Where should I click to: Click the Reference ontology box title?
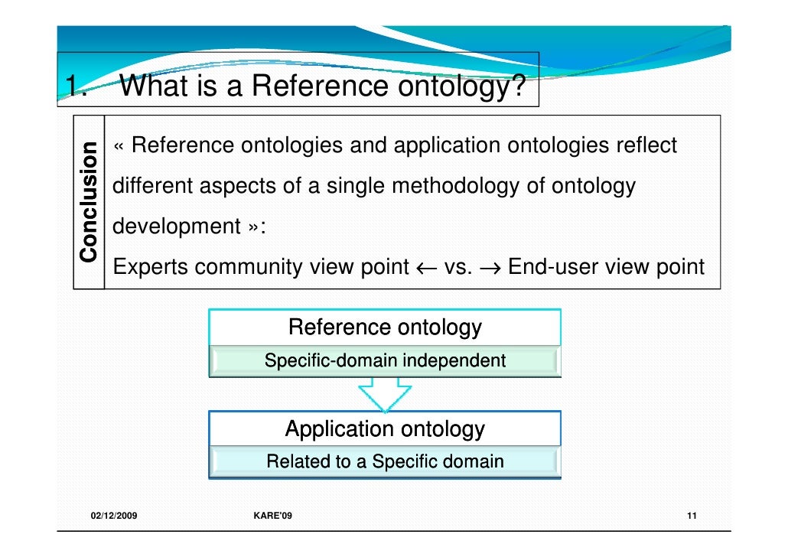coord(385,327)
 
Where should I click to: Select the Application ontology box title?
coord(385,428)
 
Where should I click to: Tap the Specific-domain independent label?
coord(385,360)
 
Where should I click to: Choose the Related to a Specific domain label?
coord(385,461)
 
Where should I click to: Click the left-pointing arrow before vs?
coord(425,268)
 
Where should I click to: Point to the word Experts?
coord(150,268)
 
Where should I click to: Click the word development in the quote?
coord(176,227)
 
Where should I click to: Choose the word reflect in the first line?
coord(646,145)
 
